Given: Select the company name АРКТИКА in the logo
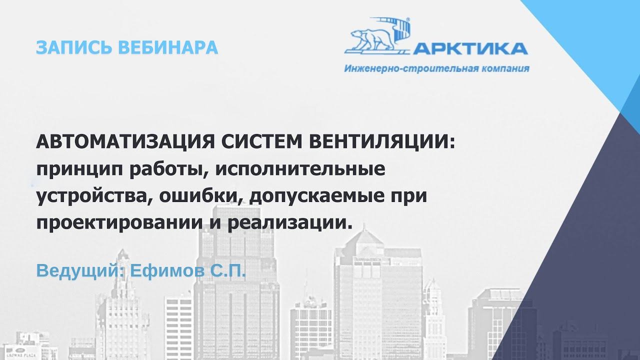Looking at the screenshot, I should click(x=470, y=48).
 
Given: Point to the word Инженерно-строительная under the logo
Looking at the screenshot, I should click(x=409, y=68).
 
